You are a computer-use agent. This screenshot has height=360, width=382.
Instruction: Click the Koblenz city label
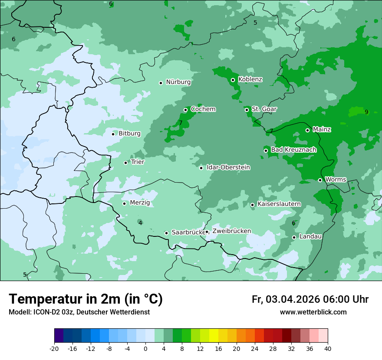pyautogui.click(x=250, y=79)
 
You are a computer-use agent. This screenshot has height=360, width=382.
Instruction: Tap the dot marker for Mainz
pyautogui.click(x=307, y=130)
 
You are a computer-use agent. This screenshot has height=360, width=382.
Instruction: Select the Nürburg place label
pyautogui.click(x=178, y=82)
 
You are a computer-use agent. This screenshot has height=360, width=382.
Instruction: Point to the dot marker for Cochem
pyautogui.click(x=185, y=110)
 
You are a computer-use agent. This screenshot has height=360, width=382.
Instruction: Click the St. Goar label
pyautogui.click(x=264, y=109)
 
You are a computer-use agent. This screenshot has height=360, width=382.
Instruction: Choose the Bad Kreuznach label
pyautogui.click(x=293, y=150)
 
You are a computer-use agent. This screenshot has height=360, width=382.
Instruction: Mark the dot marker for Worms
pyautogui.click(x=320, y=180)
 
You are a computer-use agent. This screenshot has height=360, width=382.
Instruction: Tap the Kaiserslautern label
pyautogui.click(x=279, y=204)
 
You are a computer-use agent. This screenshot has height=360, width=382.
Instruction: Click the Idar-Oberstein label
pyautogui.click(x=228, y=167)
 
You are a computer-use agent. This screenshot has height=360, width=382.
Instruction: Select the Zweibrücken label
pyautogui.click(x=231, y=231)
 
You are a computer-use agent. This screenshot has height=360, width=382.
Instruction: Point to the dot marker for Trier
pyautogui.click(x=125, y=163)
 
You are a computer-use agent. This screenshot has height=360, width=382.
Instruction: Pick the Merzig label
pyautogui.click(x=140, y=203)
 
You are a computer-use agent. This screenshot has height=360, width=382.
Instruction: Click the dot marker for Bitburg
pyautogui.click(x=113, y=134)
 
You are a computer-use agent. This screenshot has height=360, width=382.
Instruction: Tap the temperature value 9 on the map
pyautogui.click(x=366, y=112)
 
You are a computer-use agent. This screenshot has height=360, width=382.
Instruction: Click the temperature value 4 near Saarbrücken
pyautogui.click(x=140, y=223)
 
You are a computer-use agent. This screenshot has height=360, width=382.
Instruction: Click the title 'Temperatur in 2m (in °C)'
pyautogui.click(x=86, y=299)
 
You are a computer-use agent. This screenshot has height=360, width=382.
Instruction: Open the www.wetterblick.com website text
pyautogui.click(x=313, y=312)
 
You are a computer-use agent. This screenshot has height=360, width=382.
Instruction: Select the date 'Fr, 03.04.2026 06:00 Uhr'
pyautogui.click(x=310, y=299)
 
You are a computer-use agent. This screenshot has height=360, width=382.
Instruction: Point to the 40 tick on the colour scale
pyautogui.click(x=328, y=348)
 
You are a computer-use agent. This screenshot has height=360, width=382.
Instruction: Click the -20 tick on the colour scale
pyautogui.click(x=54, y=348)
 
